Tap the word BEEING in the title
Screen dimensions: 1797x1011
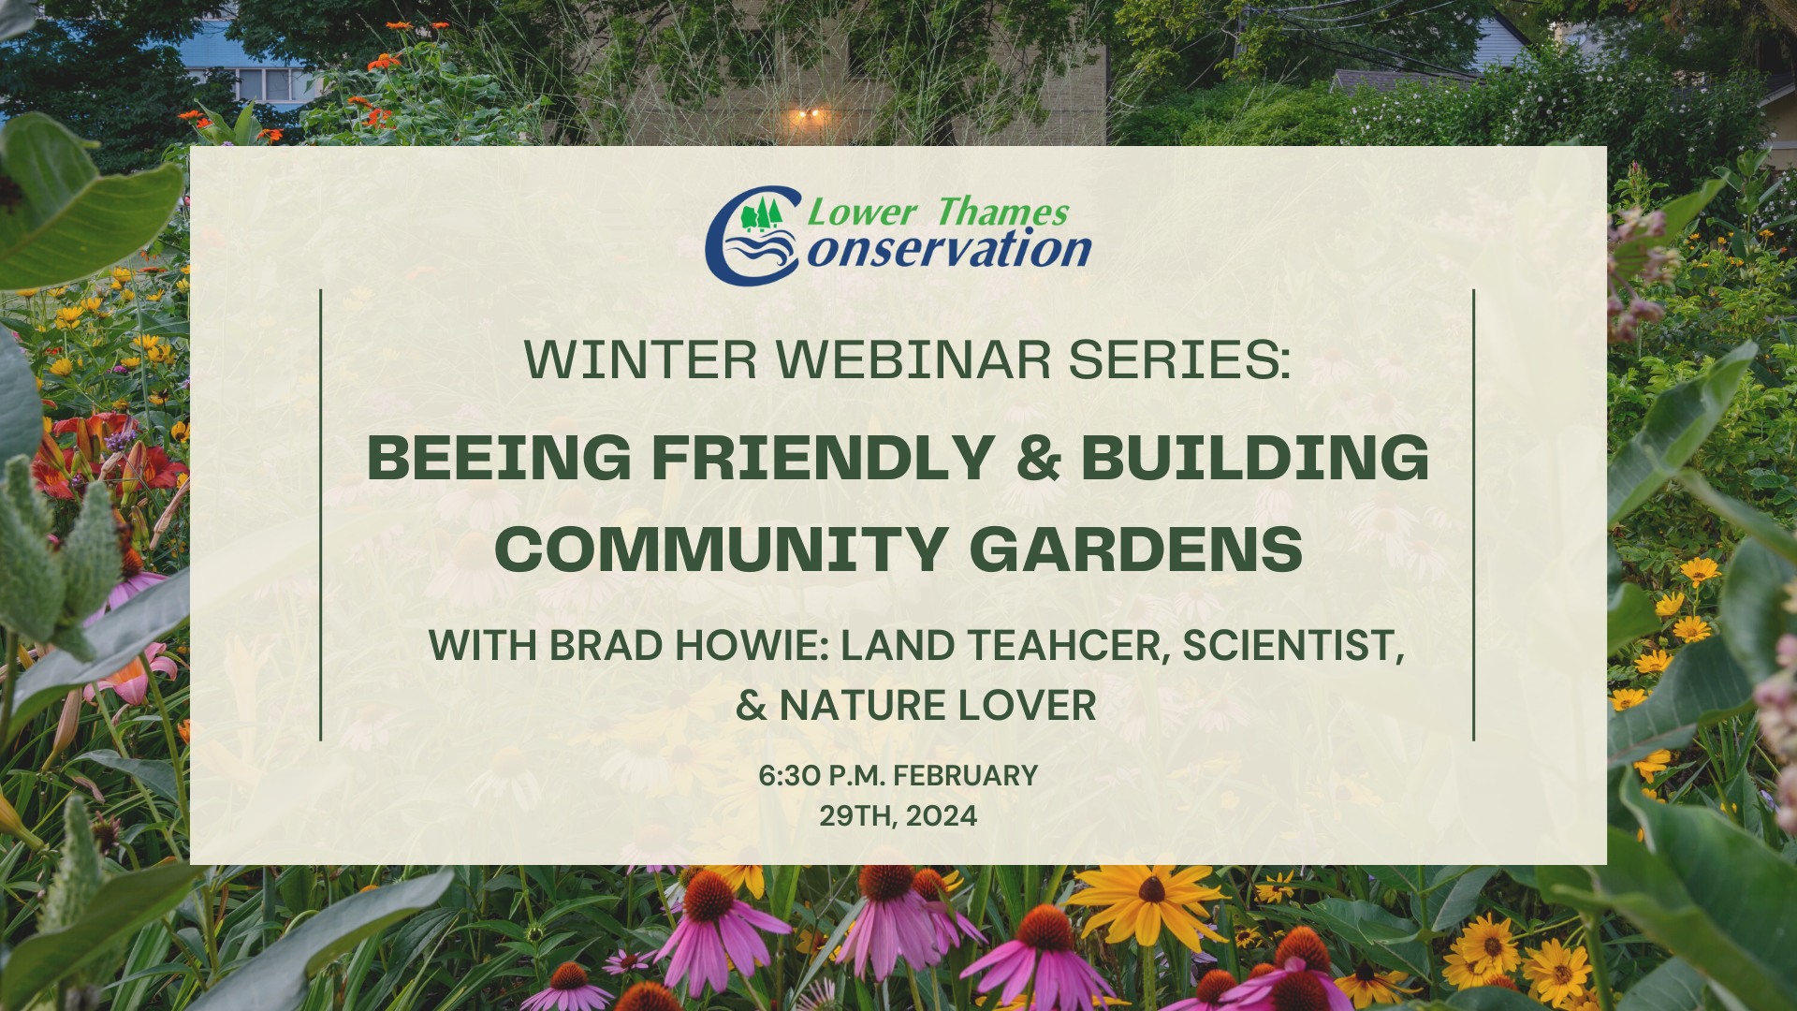(500, 458)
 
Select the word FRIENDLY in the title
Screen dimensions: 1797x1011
(823, 458)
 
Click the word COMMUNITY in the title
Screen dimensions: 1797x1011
(722, 549)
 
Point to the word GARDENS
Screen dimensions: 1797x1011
(1136, 549)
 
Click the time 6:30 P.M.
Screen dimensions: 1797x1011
(821, 776)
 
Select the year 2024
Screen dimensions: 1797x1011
(942, 816)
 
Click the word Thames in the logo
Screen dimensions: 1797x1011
(1002, 212)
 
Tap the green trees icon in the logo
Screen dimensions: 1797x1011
(761, 214)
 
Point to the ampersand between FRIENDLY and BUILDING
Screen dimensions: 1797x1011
(1038, 458)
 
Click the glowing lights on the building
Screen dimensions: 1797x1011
(809, 115)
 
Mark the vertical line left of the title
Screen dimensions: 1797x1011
(321, 515)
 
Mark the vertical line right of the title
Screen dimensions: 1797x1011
(1474, 515)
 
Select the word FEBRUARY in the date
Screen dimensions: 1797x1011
(966, 776)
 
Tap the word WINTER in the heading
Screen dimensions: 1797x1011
(640, 359)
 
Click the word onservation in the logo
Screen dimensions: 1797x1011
(949, 250)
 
